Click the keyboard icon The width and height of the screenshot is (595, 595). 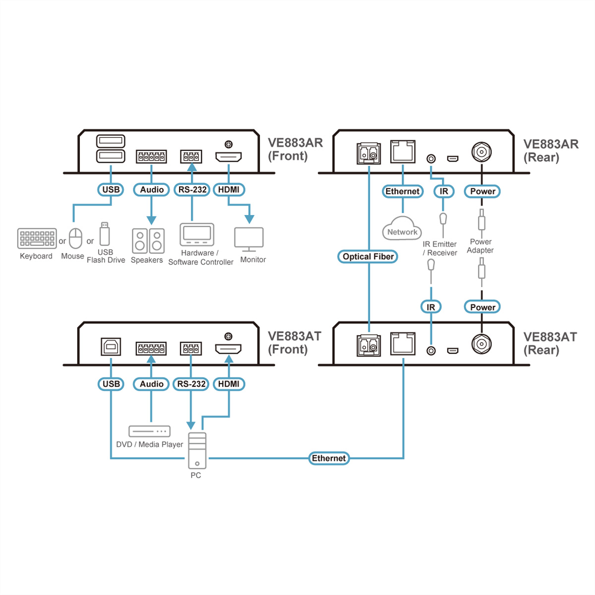coord(37,238)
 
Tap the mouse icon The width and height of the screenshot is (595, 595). coord(75,238)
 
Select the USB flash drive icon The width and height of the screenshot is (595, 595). coord(104,234)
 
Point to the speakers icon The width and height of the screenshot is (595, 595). coord(148,241)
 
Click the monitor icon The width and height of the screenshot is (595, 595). coord(249,239)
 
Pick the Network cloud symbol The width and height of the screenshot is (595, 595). coord(402,229)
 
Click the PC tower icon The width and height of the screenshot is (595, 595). coord(197,450)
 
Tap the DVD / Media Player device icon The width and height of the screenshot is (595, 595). coord(149,431)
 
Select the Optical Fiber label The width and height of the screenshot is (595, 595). coord(368,256)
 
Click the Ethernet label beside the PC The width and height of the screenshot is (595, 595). coord(329,458)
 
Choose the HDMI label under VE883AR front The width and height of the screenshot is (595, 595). coord(229,189)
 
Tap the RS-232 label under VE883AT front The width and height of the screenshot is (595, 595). coord(191,384)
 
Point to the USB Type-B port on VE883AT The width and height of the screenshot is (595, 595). coord(111,347)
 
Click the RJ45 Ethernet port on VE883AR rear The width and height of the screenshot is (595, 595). coord(403,151)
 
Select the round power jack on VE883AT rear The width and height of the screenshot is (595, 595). coord(481,344)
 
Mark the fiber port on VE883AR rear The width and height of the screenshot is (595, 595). coord(368,153)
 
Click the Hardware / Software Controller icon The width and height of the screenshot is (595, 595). coord(197,235)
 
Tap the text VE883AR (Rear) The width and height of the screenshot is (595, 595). coord(550,150)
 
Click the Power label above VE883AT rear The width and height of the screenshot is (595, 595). coord(482,307)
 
